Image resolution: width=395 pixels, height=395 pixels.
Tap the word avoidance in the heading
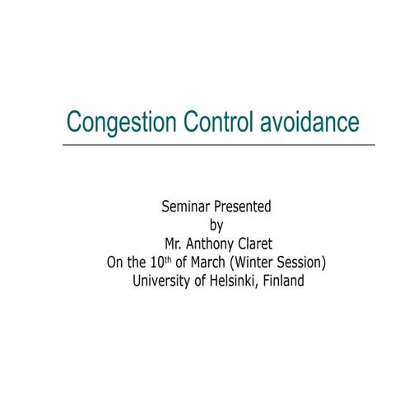point(310,122)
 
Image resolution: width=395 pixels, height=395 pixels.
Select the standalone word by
point(217,225)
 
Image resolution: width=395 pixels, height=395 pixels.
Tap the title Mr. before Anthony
point(177,244)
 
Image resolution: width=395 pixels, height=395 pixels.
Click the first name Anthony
point(216,244)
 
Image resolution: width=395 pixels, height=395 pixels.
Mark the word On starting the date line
point(116,263)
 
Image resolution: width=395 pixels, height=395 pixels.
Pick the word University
point(161,281)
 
